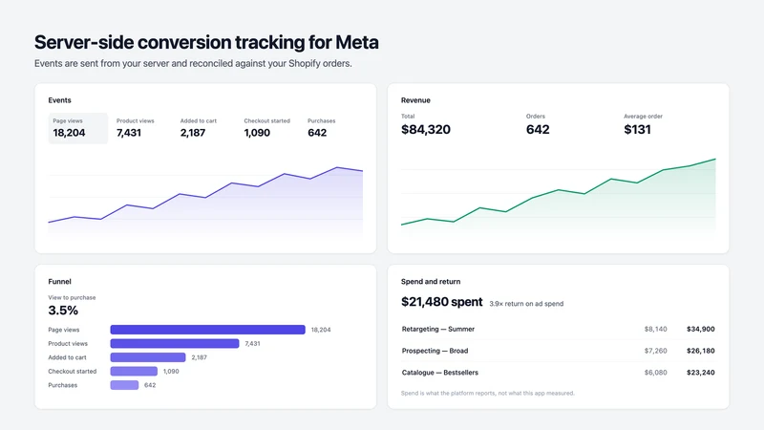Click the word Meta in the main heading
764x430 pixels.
click(x=356, y=42)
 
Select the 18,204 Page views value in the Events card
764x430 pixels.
click(x=69, y=133)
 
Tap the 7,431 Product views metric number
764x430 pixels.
click(x=129, y=133)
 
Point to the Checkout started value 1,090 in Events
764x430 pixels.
click(x=257, y=133)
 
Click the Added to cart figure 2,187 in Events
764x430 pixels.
click(x=193, y=133)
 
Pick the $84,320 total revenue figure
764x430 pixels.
click(x=426, y=129)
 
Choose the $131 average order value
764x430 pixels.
click(x=637, y=129)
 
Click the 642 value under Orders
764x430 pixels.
click(x=538, y=129)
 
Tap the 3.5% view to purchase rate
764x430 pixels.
click(x=63, y=310)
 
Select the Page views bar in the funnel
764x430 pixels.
click(x=207, y=330)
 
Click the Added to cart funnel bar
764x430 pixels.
click(x=148, y=357)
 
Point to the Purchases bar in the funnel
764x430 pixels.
click(x=124, y=385)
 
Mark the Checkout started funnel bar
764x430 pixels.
click(x=134, y=371)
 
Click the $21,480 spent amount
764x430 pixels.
click(x=442, y=302)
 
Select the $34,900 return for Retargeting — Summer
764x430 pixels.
click(x=701, y=329)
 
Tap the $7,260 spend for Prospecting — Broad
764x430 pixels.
click(x=655, y=351)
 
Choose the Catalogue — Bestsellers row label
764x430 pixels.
click(x=440, y=373)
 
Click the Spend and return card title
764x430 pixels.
click(x=431, y=281)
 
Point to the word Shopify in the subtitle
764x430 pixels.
click(x=305, y=64)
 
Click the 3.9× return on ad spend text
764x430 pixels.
click(x=526, y=303)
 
